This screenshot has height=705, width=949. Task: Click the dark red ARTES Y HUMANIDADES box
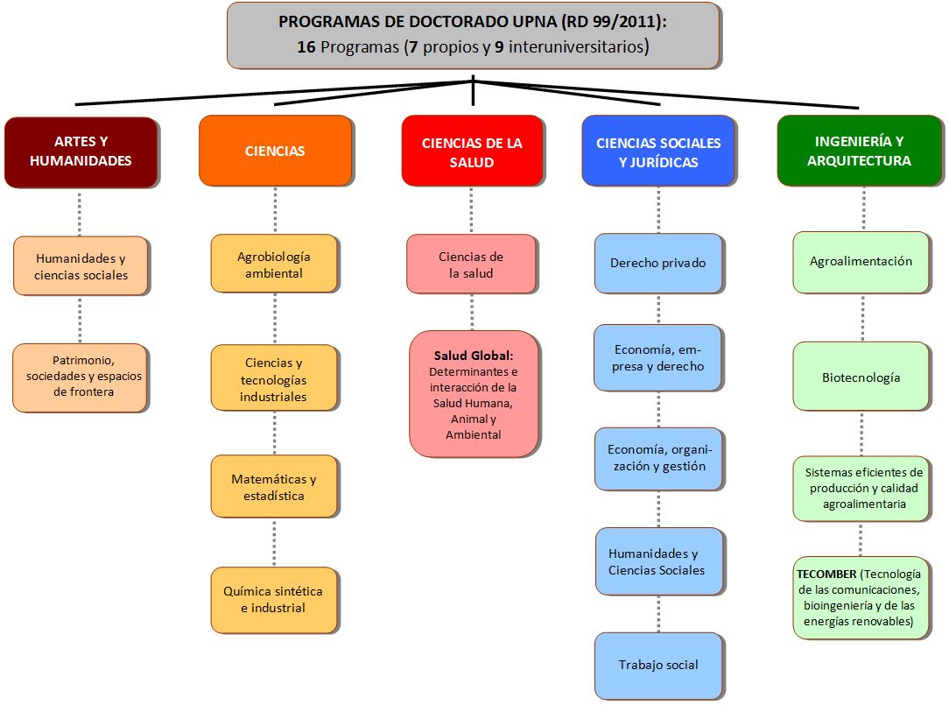pyautogui.click(x=81, y=152)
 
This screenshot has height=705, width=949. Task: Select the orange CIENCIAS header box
pyautogui.click(x=276, y=151)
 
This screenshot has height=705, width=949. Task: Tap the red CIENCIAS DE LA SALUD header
pyautogui.click(x=472, y=151)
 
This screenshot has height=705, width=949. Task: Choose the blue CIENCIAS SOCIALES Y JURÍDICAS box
pyautogui.click(x=658, y=151)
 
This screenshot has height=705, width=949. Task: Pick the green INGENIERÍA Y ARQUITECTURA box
pyautogui.click(x=860, y=151)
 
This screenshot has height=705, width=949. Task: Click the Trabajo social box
pyautogui.click(x=658, y=666)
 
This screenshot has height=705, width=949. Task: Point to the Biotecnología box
pyautogui.click(x=861, y=377)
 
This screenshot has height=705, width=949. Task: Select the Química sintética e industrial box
pyautogui.click(x=273, y=600)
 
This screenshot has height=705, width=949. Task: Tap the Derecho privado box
pyautogui.click(x=658, y=263)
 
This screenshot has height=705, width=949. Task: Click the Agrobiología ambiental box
pyautogui.click(x=273, y=264)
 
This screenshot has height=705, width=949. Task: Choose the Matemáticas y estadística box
pyautogui.click(x=273, y=486)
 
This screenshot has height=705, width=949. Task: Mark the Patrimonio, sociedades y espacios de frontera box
pyautogui.click(x=81, y=377)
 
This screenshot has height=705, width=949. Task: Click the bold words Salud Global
pyautogui.click(x=474, y=356)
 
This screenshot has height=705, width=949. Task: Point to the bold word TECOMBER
pyautogui.click(x=826, y=574)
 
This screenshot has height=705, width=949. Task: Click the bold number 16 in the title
pyautogui.click(x=306, y=46)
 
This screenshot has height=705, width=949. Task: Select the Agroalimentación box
pyautogui.click(x=861, y=262)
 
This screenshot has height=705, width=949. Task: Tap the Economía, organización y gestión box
pyautogui.click(x=658, y=459)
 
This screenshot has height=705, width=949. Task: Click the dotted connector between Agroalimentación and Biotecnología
pyautogui.click(x=863, y=317)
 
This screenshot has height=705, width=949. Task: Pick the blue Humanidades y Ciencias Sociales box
pyautogui.click(x=658, y=560)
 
